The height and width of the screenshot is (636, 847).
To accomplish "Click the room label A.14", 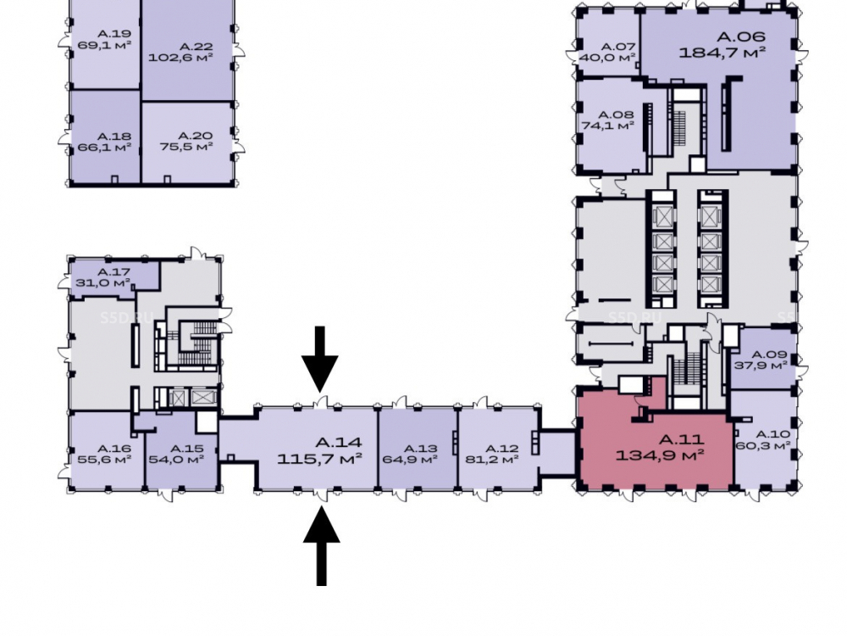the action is tap(338, 443).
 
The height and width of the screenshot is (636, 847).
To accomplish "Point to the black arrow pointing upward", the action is tap(321, 545).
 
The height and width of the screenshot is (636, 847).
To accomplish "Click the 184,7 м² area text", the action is tap(722, 53).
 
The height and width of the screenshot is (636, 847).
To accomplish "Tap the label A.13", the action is tap(420, 449).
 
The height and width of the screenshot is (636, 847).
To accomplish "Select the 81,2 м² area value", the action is tap(492, 460).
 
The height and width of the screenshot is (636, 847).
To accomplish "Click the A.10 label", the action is tap(772, 434).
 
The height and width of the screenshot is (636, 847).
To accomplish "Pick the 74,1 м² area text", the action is tap(607, 126).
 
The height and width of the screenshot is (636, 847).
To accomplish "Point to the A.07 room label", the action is tap(618, 47).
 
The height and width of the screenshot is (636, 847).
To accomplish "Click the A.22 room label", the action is tap(196, 47).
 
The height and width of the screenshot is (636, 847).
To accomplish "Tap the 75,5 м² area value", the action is tap(186, 147).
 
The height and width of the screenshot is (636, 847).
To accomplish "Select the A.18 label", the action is tap(114, 137).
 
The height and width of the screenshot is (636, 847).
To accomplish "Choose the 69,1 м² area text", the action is tap(105, 45).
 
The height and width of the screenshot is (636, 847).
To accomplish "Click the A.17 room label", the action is tap(113, 272).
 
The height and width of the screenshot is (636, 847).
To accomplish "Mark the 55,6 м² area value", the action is tap(105, 460).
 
